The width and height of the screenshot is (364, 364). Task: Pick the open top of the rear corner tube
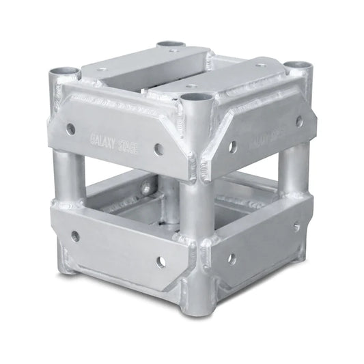coord(171,46)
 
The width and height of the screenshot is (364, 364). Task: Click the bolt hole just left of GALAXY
coord(71,128)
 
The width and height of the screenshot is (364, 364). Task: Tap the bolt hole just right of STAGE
coord(158,148)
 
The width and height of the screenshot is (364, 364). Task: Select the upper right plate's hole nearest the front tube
coord(232,145)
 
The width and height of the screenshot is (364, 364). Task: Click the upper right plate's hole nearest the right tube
coord(298,121)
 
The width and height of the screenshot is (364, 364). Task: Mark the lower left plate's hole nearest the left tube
coord(75,236)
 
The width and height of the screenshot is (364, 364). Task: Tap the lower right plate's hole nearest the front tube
coord(231,259)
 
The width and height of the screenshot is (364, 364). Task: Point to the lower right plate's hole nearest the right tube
coord(296,227)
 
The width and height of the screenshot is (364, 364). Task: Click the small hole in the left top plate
coord(102,69)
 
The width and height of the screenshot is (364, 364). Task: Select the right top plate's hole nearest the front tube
coord(193,87)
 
